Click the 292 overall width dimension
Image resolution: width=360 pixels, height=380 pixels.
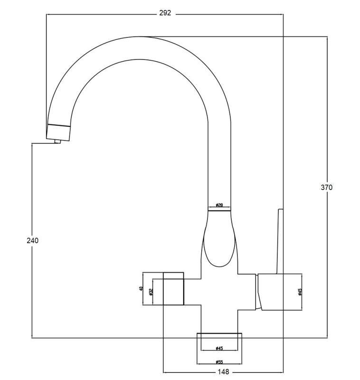click(x=165, y=13)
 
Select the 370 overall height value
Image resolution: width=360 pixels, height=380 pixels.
click(x=327, y=187)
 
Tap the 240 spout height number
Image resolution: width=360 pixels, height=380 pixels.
click(x=32, y=240)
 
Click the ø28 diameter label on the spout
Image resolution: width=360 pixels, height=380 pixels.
click(x=219, y=205)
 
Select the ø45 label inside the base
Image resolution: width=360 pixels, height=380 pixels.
click(x=219, y=348)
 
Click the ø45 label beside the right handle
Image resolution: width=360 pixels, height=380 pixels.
click(x=300, y=292)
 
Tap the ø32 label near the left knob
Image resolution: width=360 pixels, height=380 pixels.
click(x=151, y=292)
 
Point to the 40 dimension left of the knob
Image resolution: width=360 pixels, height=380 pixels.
click(x=141, y=288)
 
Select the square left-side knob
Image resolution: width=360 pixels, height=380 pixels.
click(x=173, y=288)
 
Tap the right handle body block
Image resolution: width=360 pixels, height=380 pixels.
click(x=280, y=292)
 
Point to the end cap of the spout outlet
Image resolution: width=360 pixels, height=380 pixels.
click(x=59, y=132)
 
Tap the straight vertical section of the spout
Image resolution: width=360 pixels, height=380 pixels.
click(x=219, y=166)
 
